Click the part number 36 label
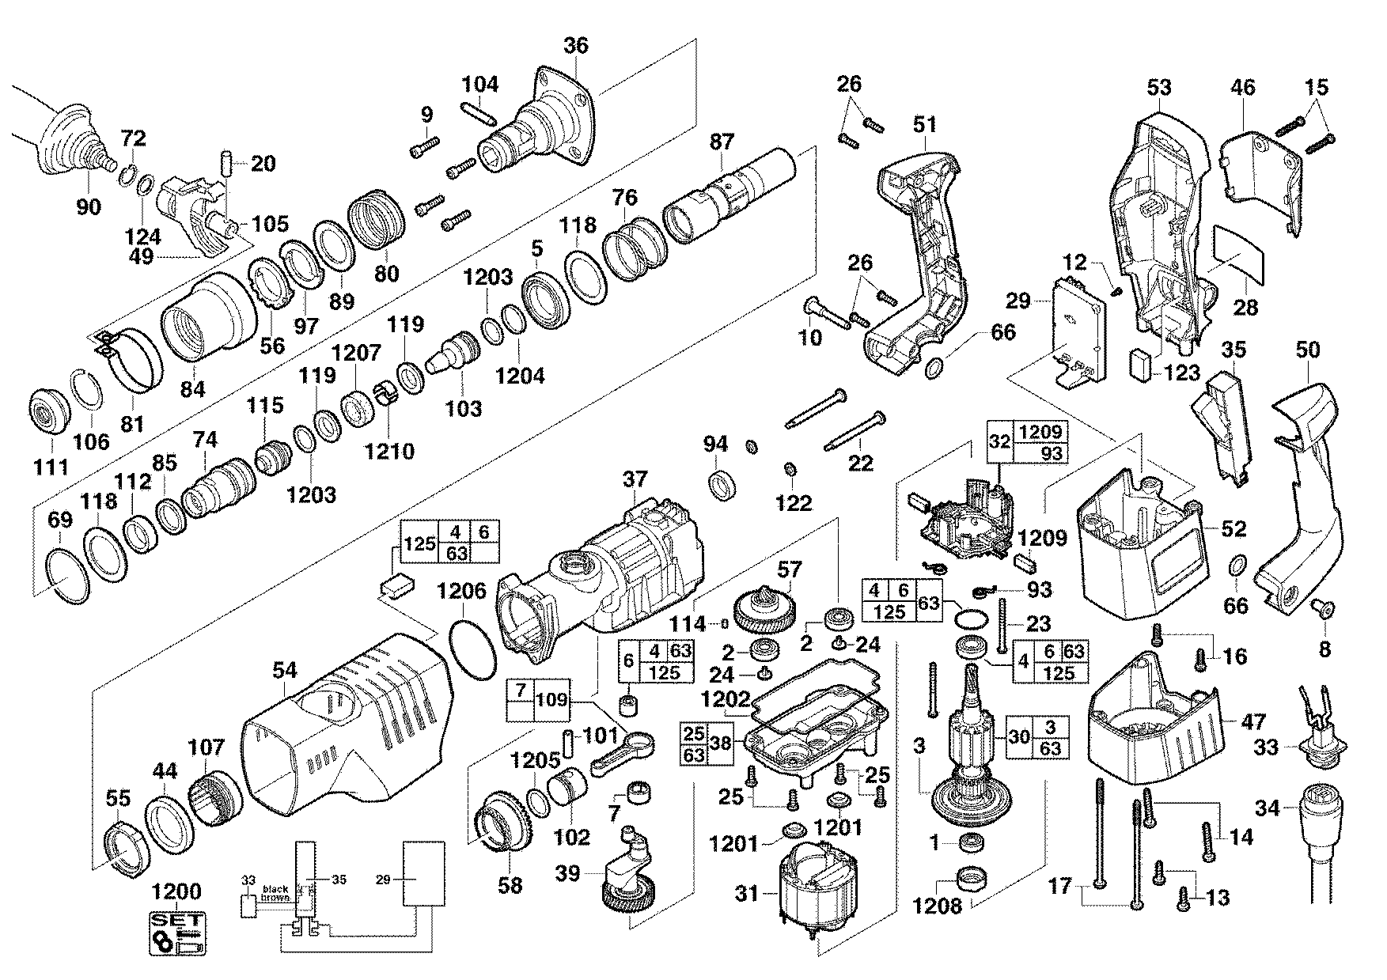[x=576, y=46]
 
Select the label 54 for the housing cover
[x=284, y=672]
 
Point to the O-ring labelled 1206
[x=472, y=649]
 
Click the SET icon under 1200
[x=177, y=934]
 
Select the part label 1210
[x=389, y=452]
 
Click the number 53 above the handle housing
[x=1158, y=87]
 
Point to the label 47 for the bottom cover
[x=1253, y=721]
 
